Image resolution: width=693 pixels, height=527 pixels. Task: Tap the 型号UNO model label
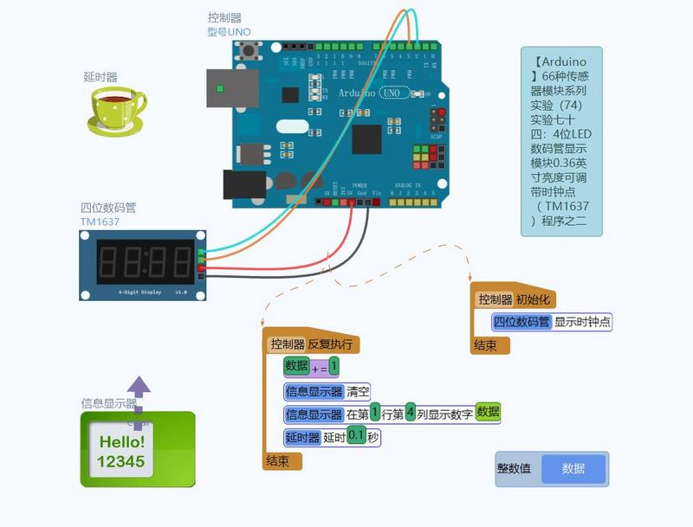pos(229,32)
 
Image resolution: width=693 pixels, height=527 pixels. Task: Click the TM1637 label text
pos(100,222)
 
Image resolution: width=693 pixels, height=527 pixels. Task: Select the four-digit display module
pos(144,265)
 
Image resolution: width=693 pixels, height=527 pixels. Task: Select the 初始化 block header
pos(534,299)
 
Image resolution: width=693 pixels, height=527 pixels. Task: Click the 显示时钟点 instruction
pos(582,322)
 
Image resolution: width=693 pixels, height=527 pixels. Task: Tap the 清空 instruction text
pos(358,390)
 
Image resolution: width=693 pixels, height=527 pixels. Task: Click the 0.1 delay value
pos(356,437)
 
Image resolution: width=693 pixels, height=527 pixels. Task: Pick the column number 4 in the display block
pos(411,414)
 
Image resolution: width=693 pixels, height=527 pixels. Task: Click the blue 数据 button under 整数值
pos(573,469)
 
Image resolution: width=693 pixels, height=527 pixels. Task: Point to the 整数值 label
pos(517,469)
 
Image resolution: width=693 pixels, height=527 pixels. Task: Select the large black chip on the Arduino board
pos(367,139)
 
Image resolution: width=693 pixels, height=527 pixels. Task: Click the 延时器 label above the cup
pos(100,77)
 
